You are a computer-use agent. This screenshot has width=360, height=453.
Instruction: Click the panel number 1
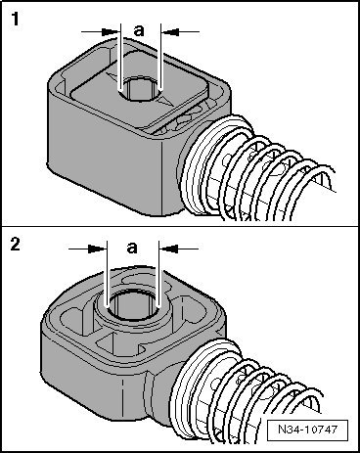coord(17,18)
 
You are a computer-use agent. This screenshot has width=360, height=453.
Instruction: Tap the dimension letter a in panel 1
coord(138,30)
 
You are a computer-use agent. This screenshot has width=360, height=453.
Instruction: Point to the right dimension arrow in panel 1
coord(172,30)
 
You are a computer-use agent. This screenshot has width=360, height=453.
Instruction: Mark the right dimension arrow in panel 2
coord(176,248)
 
